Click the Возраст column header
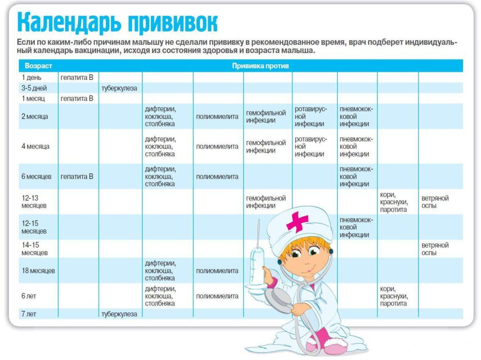click(x=38, y=66)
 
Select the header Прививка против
click(x=260, y=66)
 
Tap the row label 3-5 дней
click(x=34, y=88)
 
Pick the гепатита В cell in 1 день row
click(x=77, y=77)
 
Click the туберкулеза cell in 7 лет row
click(x=119, y=314)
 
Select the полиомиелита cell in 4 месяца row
click(x=217, y=147)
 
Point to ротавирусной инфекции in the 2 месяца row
click(x=310, y=117)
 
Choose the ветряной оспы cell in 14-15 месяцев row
click(x=435, y=249)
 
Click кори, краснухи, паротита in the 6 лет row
click(x=394, y=296)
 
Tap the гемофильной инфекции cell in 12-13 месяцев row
click(x=266, y=202)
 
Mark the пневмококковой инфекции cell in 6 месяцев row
click(x=356, y=177)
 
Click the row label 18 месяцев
click(x=38, y=271)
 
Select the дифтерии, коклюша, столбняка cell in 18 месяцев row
click(x=161, y=271)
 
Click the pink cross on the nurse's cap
click(x=297, y=221)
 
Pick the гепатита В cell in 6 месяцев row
click(x=77, y=177)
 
